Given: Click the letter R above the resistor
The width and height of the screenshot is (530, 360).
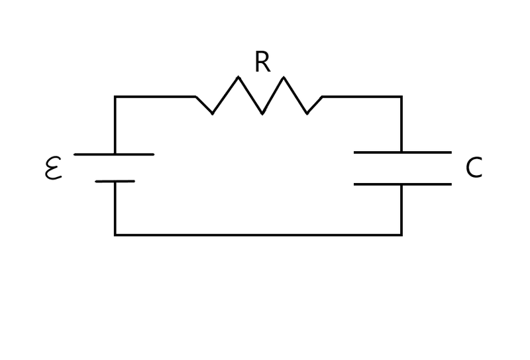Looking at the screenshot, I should tap(262, 62).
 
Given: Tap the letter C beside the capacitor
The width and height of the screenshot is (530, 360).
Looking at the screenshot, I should tap(474, 168).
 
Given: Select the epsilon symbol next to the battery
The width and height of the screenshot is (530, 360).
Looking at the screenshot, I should tap(53, 168).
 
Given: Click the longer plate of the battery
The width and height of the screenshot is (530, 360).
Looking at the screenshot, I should tap(114, 154).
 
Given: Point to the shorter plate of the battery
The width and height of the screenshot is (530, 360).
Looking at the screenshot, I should tap(115, 181).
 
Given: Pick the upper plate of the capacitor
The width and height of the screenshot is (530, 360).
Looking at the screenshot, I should tap(402, 152).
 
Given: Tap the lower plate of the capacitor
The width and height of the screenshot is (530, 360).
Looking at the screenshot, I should tap(402, 184).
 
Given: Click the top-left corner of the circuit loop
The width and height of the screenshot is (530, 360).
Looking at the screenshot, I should tap(115, 97).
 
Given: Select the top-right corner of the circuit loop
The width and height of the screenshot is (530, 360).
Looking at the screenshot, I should tap(401, 97).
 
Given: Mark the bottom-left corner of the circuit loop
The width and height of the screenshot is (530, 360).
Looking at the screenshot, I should tap(115, 235).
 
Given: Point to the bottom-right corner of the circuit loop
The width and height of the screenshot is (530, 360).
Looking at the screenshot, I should tap(401, 235).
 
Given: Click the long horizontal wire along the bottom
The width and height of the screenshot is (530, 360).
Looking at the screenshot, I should tap(258, 235).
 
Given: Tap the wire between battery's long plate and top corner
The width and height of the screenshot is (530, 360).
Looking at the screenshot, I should tap(115, 126).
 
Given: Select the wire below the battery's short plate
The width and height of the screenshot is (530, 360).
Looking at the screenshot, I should tap(115, 208).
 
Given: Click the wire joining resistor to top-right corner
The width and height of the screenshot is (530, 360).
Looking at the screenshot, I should tap(362, 97).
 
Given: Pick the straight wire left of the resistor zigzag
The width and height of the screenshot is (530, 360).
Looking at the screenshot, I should tap(156, 97).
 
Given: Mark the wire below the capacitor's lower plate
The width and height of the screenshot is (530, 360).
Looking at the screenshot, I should tap(401, 210).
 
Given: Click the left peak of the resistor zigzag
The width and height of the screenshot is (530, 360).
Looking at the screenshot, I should tap(238, 78).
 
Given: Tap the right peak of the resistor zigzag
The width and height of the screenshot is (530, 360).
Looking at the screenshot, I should tap(284, 78).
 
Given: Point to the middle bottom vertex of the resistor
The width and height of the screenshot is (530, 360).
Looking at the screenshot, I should tap(262, 113).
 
